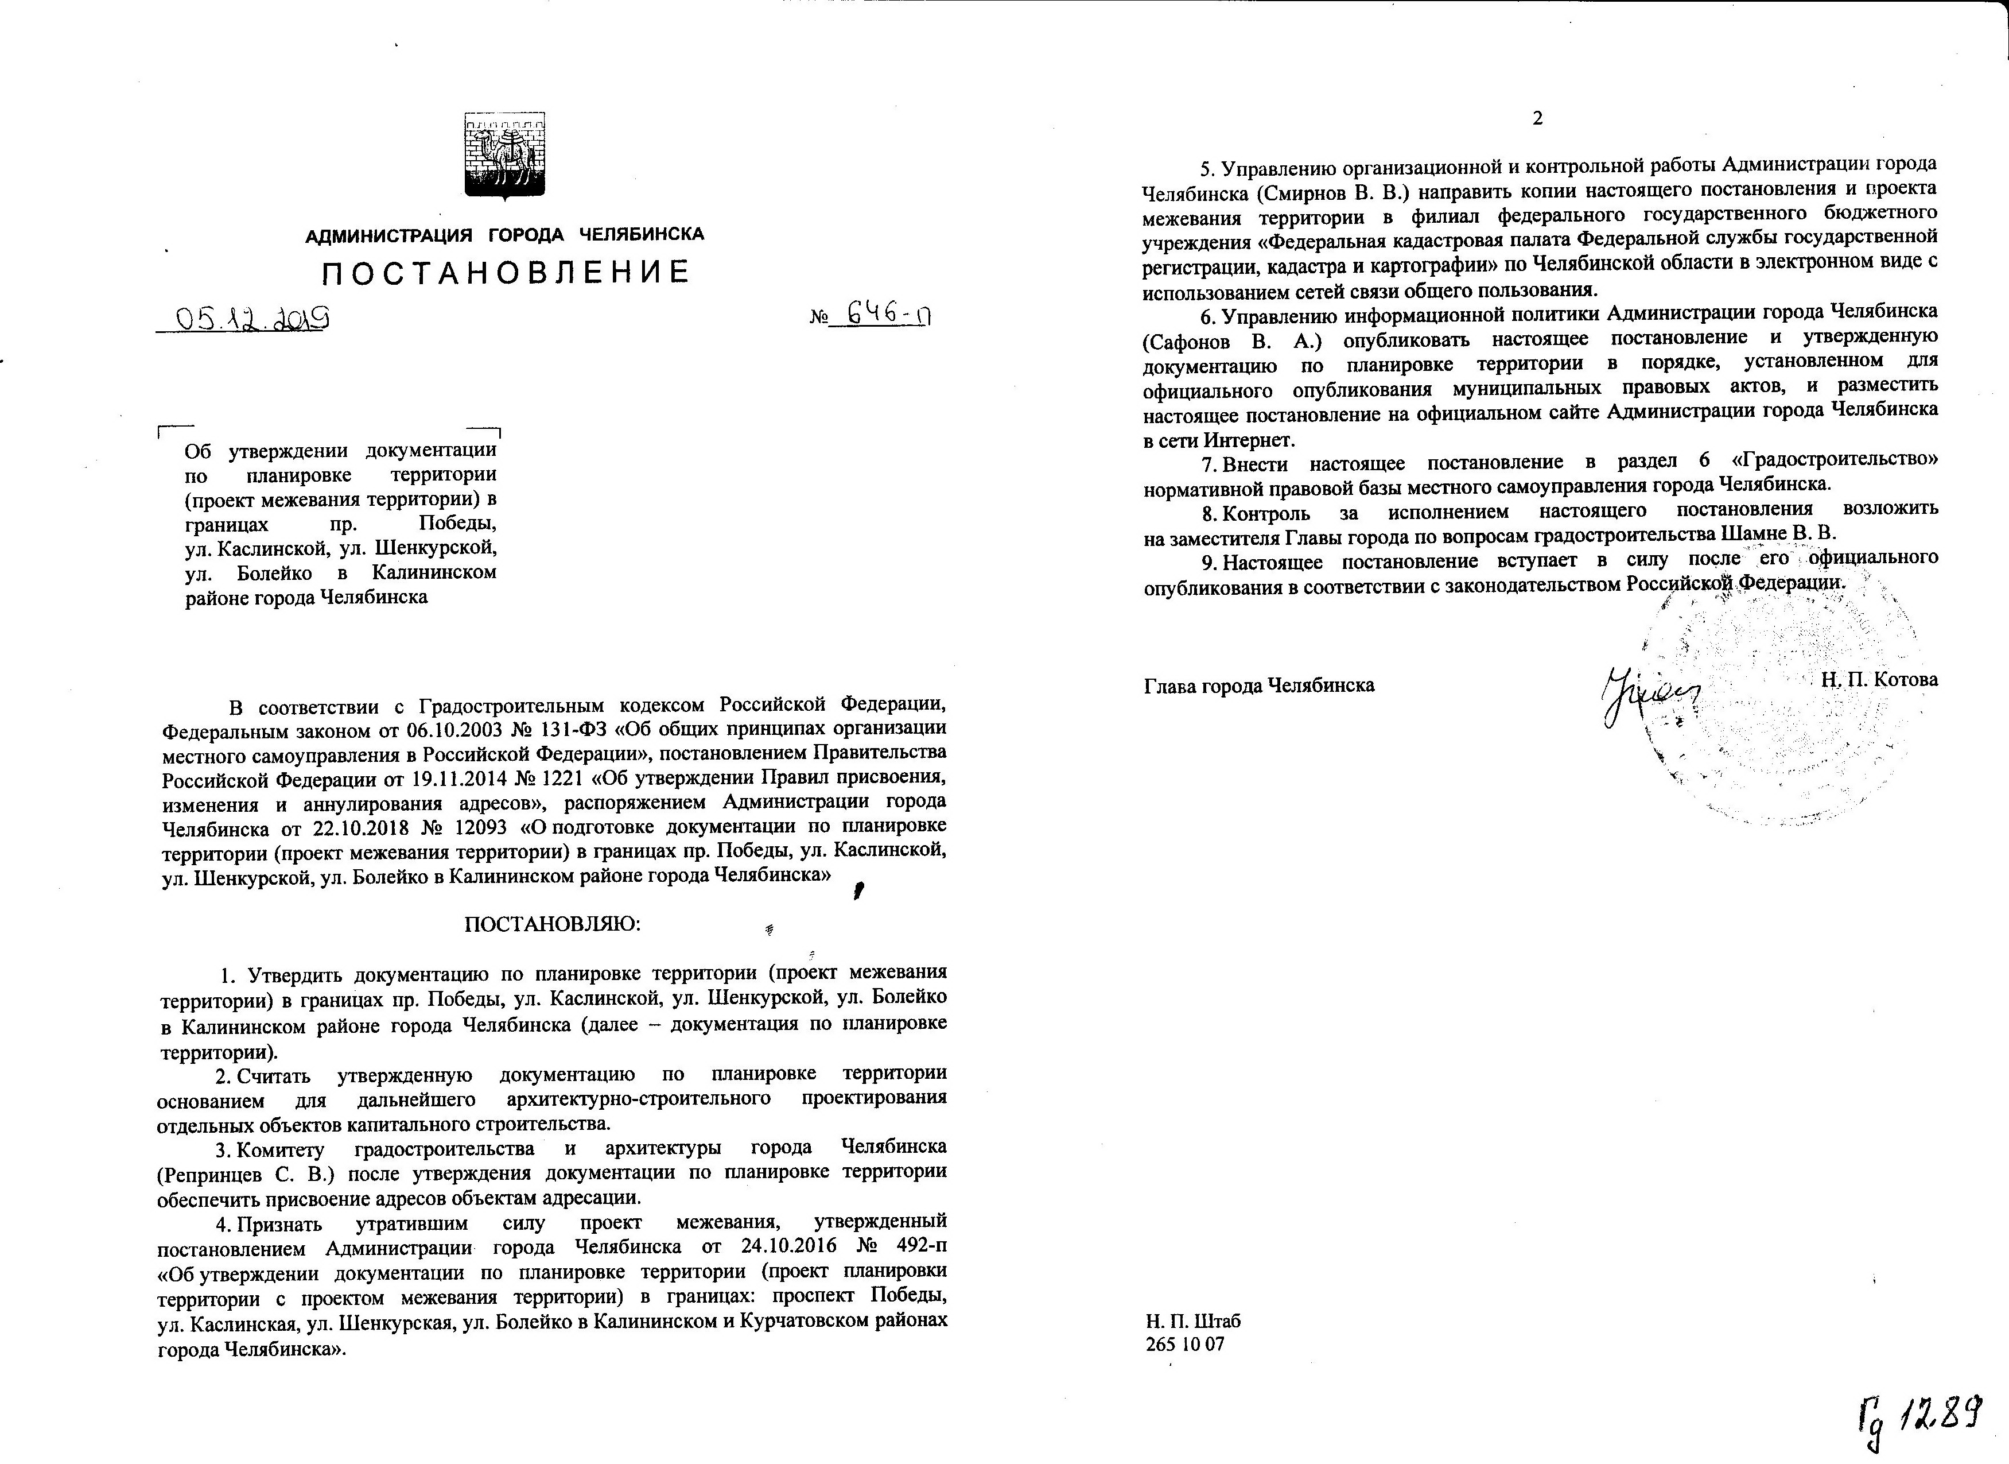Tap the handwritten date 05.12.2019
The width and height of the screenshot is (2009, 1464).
(253, 317)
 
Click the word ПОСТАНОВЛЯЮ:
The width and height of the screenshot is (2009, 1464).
(552, 924)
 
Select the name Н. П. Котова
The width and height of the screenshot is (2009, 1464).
(1880, 680)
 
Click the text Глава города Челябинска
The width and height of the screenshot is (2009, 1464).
(1259, 685)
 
